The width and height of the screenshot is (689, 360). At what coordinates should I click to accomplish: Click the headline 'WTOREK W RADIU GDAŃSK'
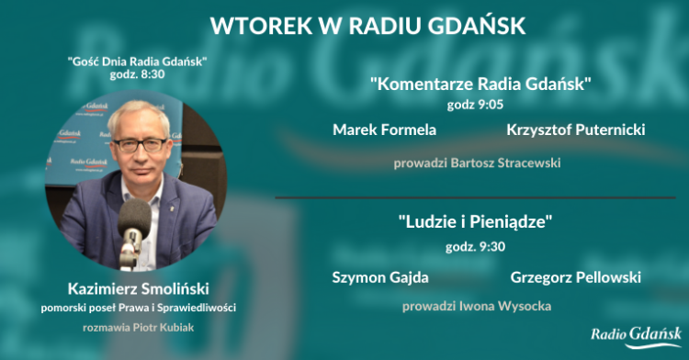pos(367,26)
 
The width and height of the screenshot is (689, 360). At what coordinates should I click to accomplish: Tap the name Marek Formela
pos(384,129)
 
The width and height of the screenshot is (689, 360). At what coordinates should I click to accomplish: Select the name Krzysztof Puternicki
pos(575,129)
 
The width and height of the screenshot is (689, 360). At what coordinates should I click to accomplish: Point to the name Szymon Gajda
pos(379,276)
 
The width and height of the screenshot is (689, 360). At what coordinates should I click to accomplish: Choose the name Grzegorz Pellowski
pos(575,276)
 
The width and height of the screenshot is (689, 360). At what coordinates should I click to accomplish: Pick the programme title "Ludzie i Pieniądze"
pos(479,222)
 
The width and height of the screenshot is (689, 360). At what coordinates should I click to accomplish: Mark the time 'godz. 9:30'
pos(478,246)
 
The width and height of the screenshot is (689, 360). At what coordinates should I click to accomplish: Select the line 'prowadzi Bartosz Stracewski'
pos(477,163)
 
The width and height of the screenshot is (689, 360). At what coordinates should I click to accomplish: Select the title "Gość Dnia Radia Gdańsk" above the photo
pos(137,62)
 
